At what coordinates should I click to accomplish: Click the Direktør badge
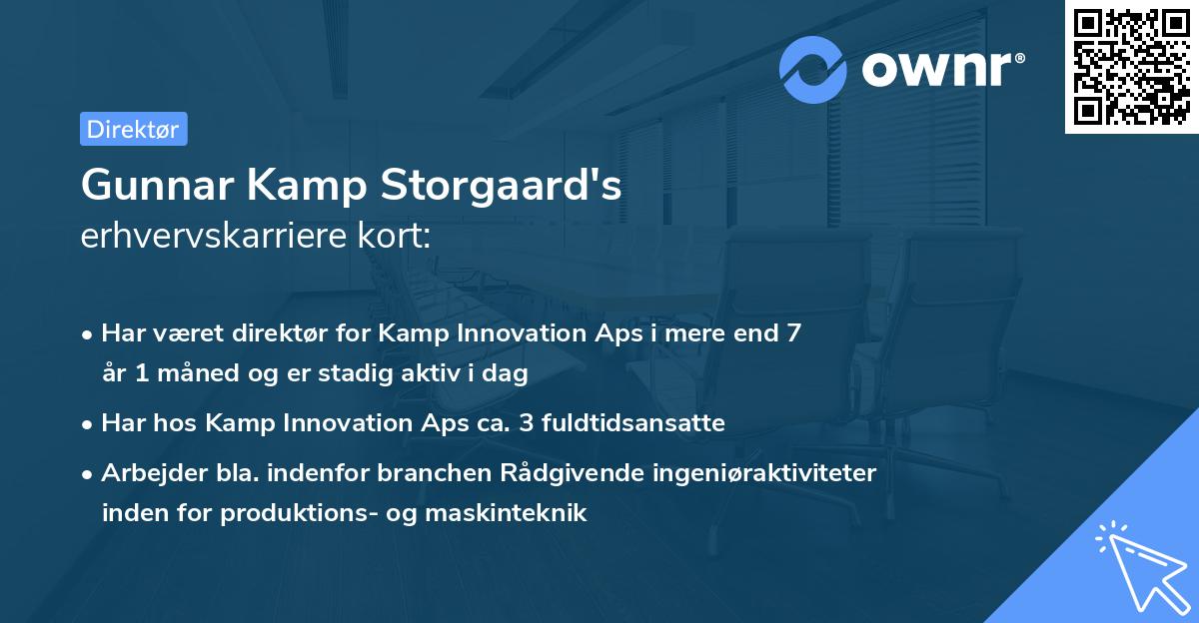tap(133, 129)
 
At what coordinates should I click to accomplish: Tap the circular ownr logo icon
tap(813, 70)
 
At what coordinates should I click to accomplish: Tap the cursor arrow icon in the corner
tap(1138, 564)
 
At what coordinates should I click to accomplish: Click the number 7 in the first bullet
tap(793, 332)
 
